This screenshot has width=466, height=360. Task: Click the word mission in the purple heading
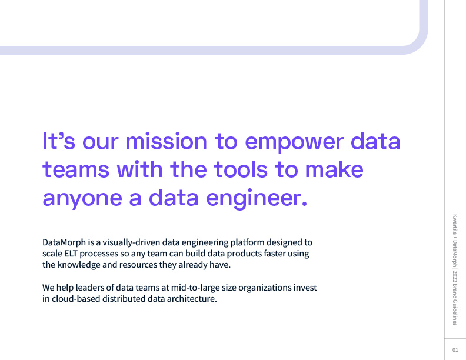[166, 141]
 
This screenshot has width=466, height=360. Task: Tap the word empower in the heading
[294, 143]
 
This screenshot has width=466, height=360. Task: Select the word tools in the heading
[241, 169]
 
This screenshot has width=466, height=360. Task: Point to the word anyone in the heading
[82, 199]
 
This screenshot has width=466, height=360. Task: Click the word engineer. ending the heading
[257, 198]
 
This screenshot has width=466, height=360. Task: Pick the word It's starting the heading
[59, 141]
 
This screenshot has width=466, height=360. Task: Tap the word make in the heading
[334, 169]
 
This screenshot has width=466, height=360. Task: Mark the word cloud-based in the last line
[76, 298]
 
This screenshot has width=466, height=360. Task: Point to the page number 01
[455, 350]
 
